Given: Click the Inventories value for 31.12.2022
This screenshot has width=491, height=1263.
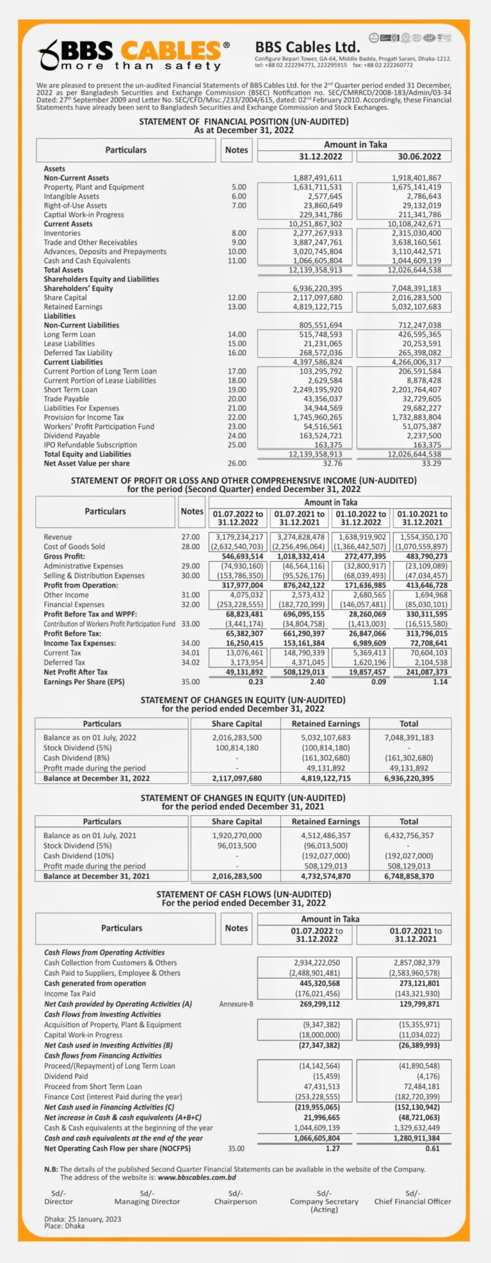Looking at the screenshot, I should [x=317, y=233].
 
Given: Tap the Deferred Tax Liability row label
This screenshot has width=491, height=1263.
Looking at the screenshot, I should [x=78, y=353].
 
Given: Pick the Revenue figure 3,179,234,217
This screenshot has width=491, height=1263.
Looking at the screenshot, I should [x=240, y=537].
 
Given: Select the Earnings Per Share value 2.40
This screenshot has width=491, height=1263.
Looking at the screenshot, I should [x=317, y=682].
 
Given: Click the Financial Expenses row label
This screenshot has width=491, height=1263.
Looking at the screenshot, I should [x=74, y=604].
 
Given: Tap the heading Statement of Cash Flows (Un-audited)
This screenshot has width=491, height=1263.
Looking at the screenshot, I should [x=244, y=894].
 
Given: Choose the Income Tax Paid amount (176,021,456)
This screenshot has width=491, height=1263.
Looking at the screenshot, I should [x=317, y=993].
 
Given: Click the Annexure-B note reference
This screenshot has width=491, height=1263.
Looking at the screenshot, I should [x=236, y=1004].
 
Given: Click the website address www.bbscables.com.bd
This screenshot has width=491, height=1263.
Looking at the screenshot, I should [x=197, y=1177].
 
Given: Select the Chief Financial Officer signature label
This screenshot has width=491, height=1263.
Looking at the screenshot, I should [x=412, y=1201].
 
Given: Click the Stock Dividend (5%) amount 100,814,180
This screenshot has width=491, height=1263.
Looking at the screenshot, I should [x=237, y=747].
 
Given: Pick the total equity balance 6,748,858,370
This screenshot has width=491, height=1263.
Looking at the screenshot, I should [x=409, y=876].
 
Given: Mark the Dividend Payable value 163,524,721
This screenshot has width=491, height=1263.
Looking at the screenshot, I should [x=317, y=436].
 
